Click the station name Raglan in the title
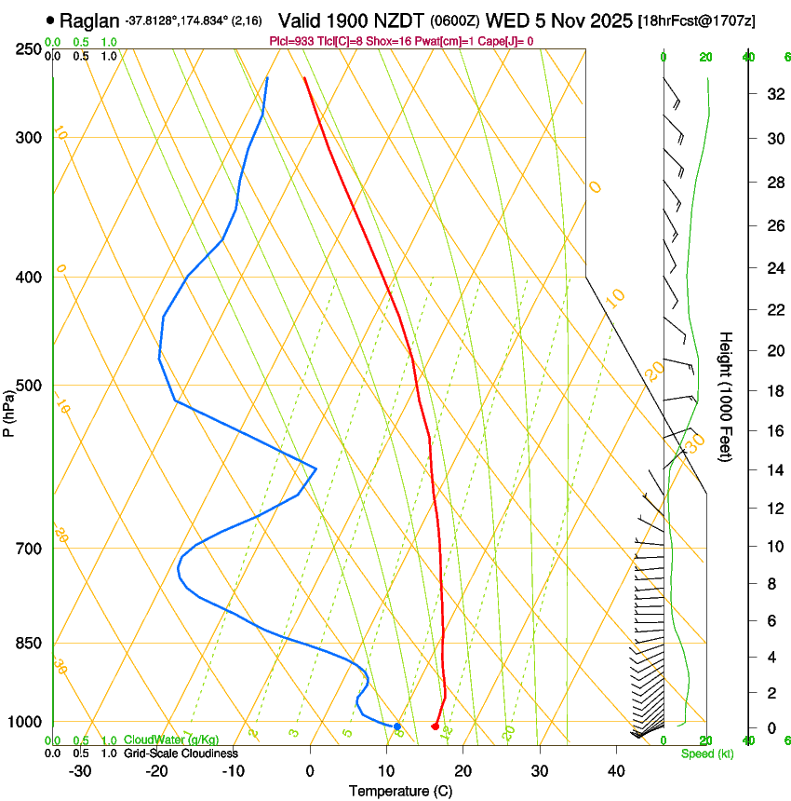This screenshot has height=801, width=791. (x=90, y=20)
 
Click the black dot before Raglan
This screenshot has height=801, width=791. (x=50, y=20)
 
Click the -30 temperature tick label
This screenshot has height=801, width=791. (x=80, y=771)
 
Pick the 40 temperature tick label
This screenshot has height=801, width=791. (x=616, y=771)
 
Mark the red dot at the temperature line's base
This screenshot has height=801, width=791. (x=435, y=726)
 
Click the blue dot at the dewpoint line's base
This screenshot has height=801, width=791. (x=397, y=726)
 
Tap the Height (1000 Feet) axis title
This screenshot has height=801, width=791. (x=727, y=396)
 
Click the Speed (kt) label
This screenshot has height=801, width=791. (x=707, y=753)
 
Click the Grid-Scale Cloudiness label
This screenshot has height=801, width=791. (x=181, y=753)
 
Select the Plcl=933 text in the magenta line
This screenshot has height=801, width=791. (x=291, y=42)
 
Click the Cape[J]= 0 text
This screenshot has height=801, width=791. (x=508, y=42)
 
